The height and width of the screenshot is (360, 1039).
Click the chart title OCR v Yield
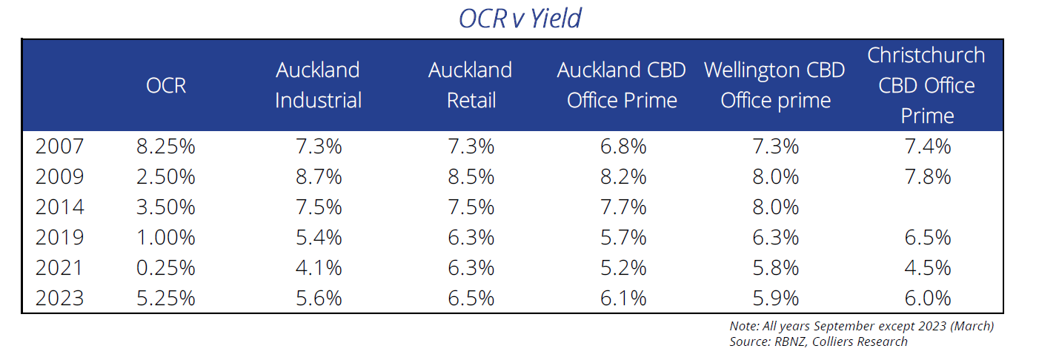519,19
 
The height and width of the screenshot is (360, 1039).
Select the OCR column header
165,85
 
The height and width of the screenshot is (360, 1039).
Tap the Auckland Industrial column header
318,85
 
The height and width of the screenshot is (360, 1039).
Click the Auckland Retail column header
470,85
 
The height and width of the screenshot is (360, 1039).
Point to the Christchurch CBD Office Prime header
926,85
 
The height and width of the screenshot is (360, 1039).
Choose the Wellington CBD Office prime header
774,85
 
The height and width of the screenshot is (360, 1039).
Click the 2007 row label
60,146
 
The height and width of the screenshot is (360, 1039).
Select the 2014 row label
60,207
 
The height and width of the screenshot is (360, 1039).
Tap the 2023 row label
60,298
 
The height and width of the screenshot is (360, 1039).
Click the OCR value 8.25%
165,146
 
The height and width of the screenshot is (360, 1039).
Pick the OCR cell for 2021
165,267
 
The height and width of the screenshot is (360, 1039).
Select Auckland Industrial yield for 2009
318,176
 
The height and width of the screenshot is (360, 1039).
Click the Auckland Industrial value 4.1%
318,267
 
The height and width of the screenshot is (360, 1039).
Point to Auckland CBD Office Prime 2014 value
622,207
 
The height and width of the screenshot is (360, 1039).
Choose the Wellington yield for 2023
774,298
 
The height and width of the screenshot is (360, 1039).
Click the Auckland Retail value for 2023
470,298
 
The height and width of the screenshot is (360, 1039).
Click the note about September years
861,326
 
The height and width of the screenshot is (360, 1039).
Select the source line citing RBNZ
818,341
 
